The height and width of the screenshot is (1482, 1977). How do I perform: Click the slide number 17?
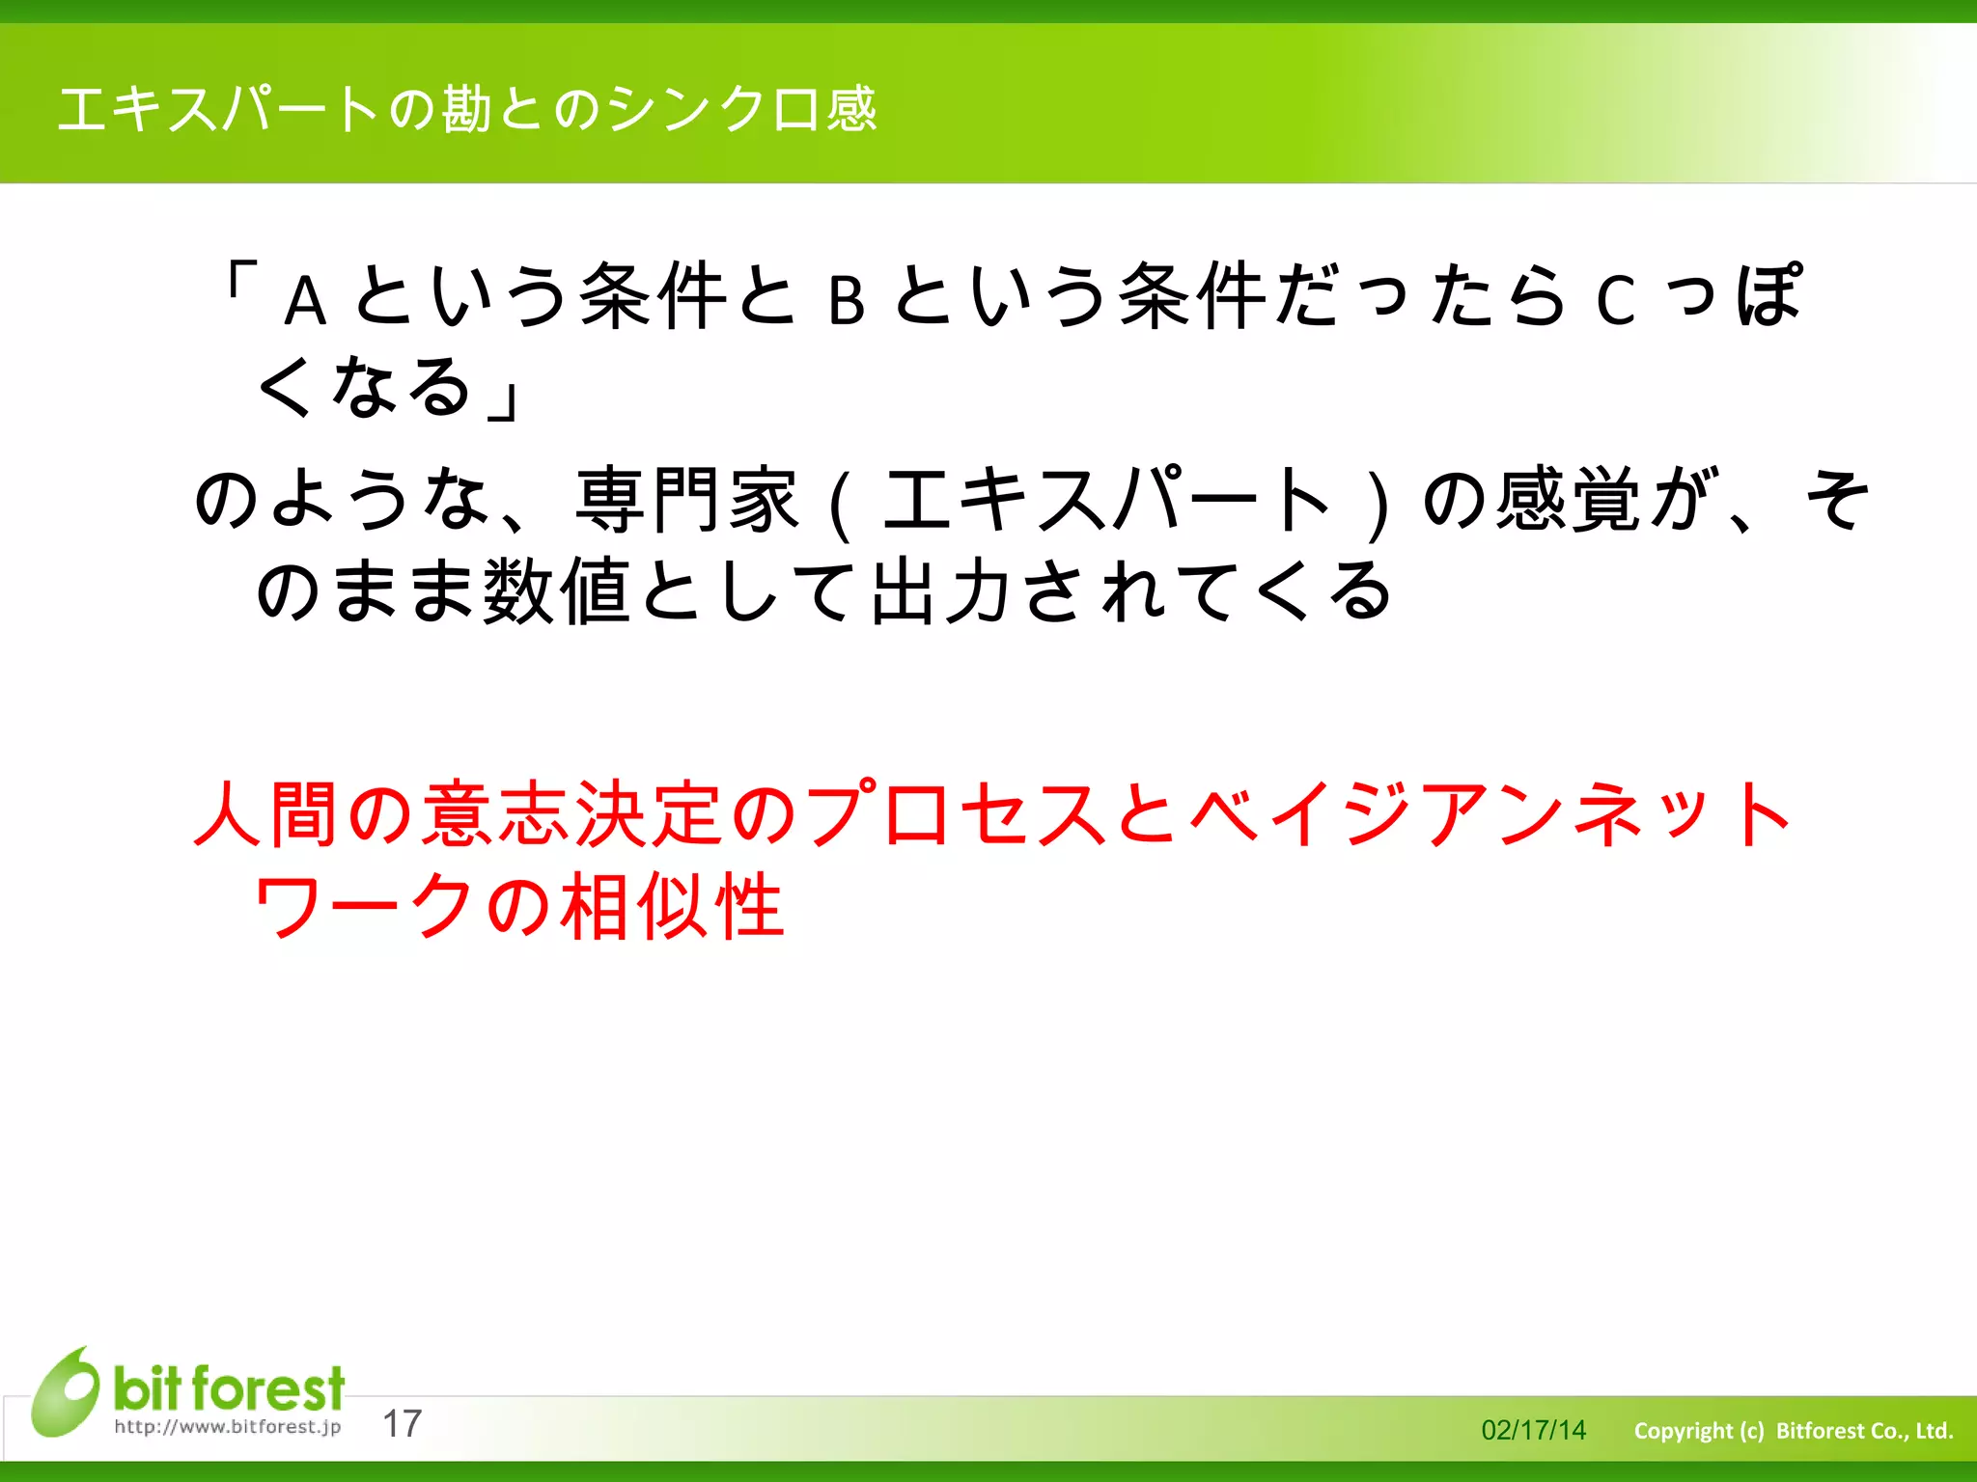point(403,1424)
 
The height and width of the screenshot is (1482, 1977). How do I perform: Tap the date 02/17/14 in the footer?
point(1533,1430)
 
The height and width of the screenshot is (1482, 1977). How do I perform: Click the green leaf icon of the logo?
point(65,1391)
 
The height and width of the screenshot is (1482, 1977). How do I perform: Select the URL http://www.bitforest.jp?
point(228,1427)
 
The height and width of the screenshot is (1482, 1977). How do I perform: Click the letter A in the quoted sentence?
point(305,301)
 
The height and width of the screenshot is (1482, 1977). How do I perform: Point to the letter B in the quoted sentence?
point(846,301)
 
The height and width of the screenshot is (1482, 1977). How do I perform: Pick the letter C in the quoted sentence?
point(1615,301)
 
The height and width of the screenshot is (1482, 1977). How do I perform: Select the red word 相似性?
point(672,906)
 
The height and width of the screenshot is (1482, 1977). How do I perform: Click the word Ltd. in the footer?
point(1934,1430)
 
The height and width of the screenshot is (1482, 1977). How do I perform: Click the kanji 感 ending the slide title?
point(852,109)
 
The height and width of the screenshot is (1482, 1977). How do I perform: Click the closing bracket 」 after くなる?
point(505,398)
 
